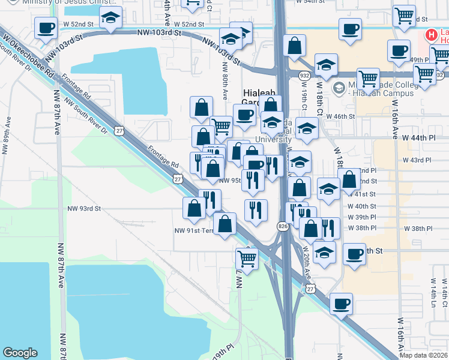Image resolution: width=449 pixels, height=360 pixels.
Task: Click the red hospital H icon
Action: [x=430, y=35]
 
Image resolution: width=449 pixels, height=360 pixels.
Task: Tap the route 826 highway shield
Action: [x=282, y=226]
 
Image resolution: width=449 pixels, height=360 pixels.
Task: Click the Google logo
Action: [x=20, y=353]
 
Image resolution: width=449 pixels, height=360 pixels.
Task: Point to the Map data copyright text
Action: [x=423, y=355]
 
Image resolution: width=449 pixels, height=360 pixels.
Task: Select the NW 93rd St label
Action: [x=83, y=208]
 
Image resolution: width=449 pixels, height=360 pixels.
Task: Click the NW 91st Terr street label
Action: [x=193, y=230]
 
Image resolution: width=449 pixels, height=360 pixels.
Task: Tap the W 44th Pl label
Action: [x=418, y=137]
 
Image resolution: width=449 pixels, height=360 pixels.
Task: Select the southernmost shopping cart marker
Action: [x=247, y=258]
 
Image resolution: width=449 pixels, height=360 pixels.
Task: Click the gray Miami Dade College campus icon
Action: [x=339, y=88]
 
